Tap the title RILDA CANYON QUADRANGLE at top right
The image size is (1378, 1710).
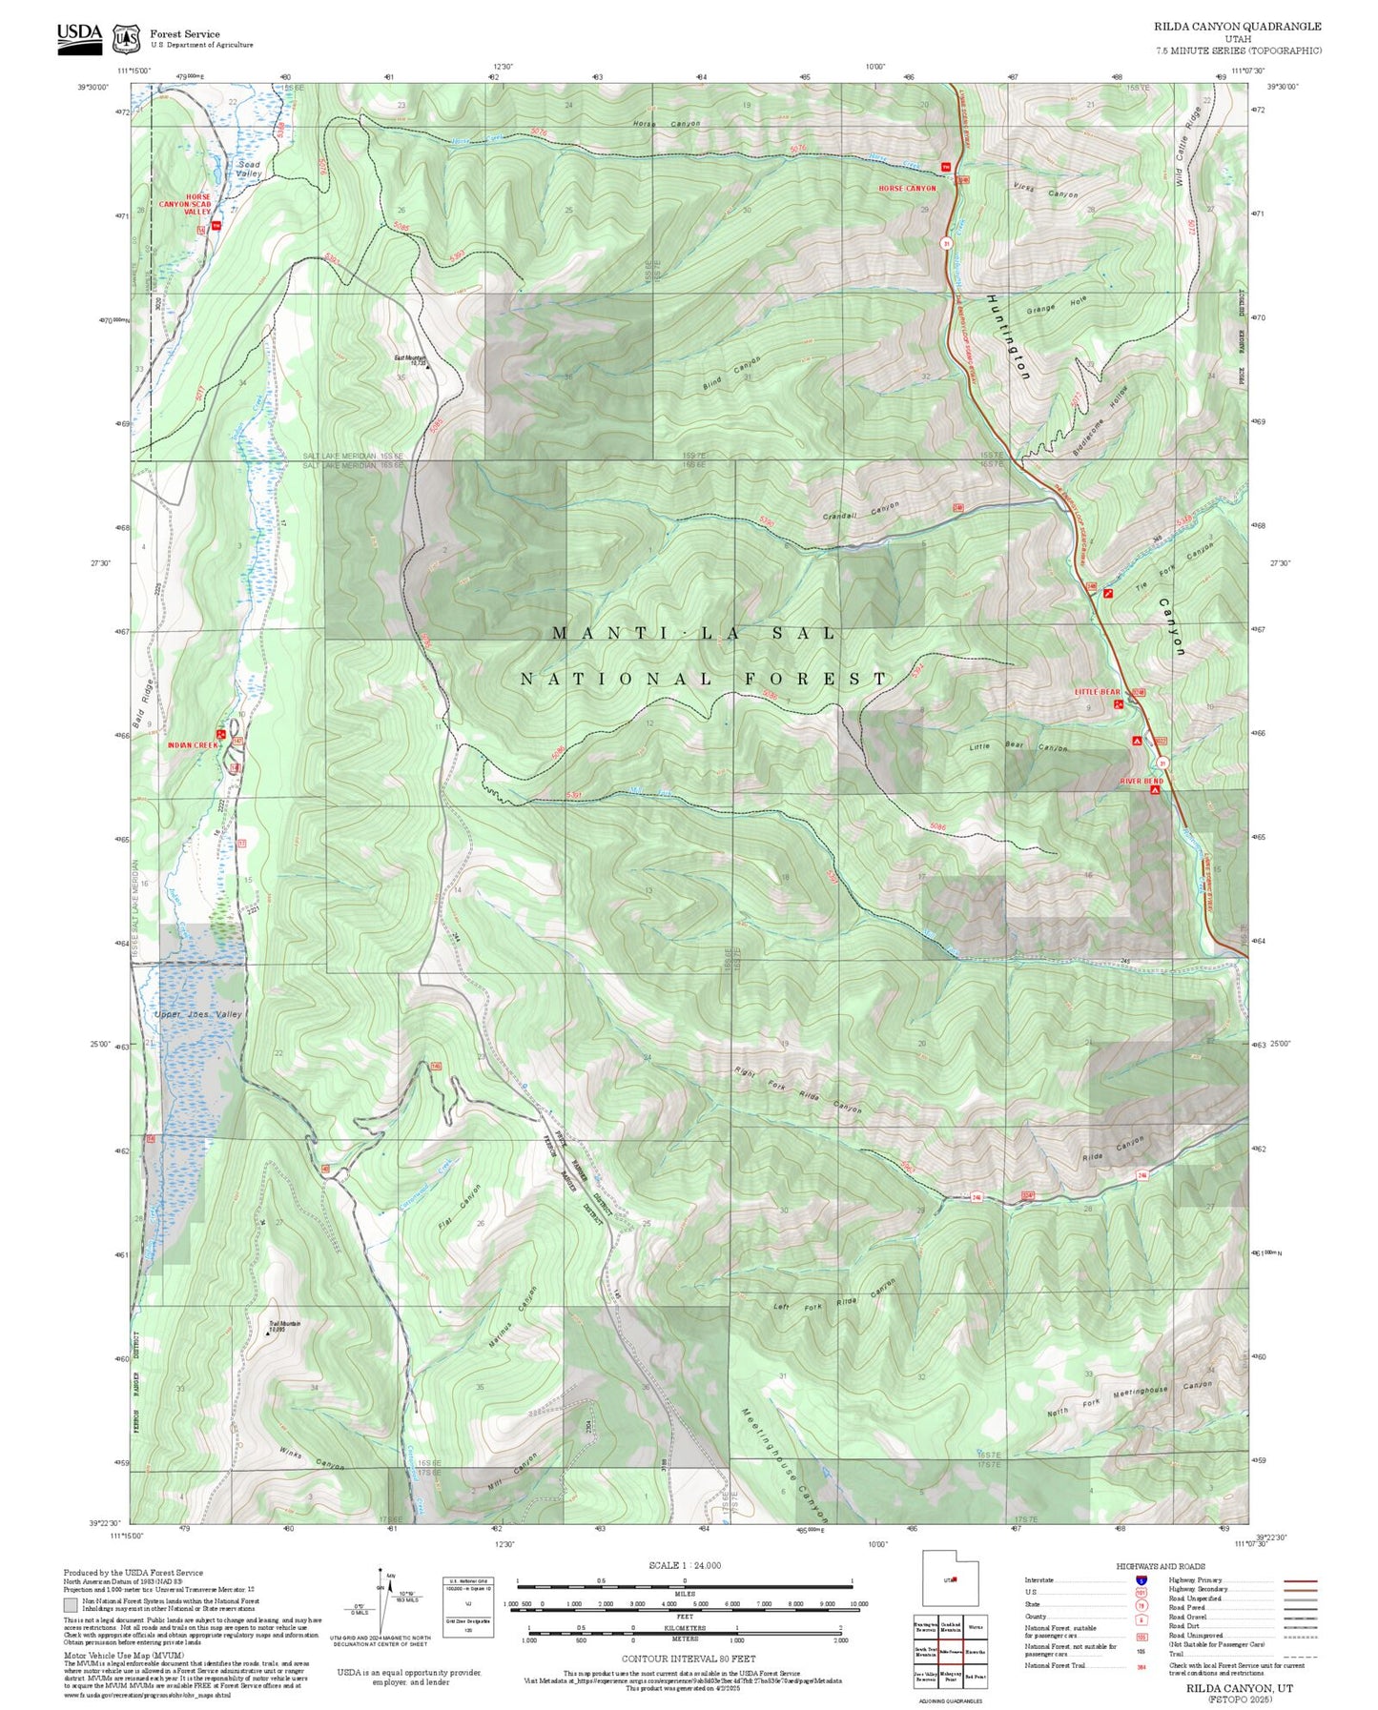coord(1237,27)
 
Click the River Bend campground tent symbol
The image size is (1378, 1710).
coord(1156,790)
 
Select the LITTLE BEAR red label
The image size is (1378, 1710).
coord(1098,692)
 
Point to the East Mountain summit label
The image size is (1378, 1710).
coord(411,360)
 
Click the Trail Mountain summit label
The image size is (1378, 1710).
coord(284,1326)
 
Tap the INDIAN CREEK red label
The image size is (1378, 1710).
coord(192,745)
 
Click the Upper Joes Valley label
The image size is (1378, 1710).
coord(198,1014)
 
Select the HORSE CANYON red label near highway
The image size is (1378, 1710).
coord(907,189)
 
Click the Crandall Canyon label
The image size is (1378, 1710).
coord(861,511)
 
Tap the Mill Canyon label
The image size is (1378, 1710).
coord(513,1469)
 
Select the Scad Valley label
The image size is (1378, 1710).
coord(249,170)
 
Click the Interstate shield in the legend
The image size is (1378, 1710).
coord(1141,1580)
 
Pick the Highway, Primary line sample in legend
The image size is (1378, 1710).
coord(1301,1580)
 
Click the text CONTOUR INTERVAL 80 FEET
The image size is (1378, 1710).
coord(689,1659)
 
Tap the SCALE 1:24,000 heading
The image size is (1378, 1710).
coord(685,1566)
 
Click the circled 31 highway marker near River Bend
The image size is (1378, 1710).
coord(1163,763)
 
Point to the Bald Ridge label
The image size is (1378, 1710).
coord(142,704)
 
